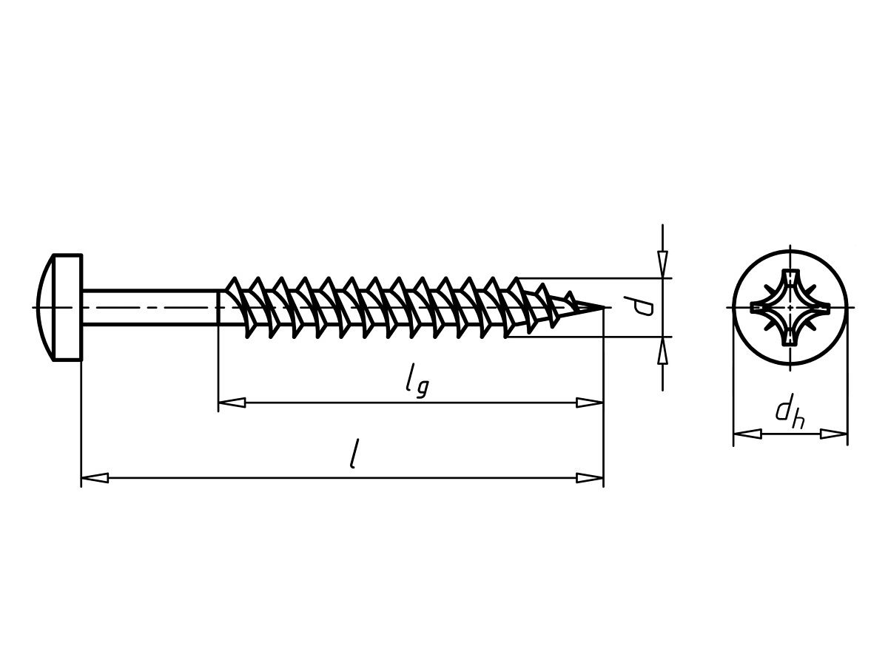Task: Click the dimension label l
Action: click(354, 454)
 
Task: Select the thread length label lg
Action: click(417, 381)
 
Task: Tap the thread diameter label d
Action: click(639, 306)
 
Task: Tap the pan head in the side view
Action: click(60, 307)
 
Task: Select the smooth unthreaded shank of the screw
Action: click(150, 307)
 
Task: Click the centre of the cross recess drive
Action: click(790, 308)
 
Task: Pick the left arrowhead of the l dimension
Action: click(95, 478)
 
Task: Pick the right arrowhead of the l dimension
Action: click(590, 478)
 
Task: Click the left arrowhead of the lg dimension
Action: click(232, 403)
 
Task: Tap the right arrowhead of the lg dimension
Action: click(590, 403)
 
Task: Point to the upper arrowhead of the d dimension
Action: click(662, 264)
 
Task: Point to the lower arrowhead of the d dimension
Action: click(662, 350)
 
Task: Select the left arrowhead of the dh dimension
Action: click(747, 434)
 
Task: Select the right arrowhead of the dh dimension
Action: click(834, 434)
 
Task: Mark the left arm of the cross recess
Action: click(764, 308)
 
